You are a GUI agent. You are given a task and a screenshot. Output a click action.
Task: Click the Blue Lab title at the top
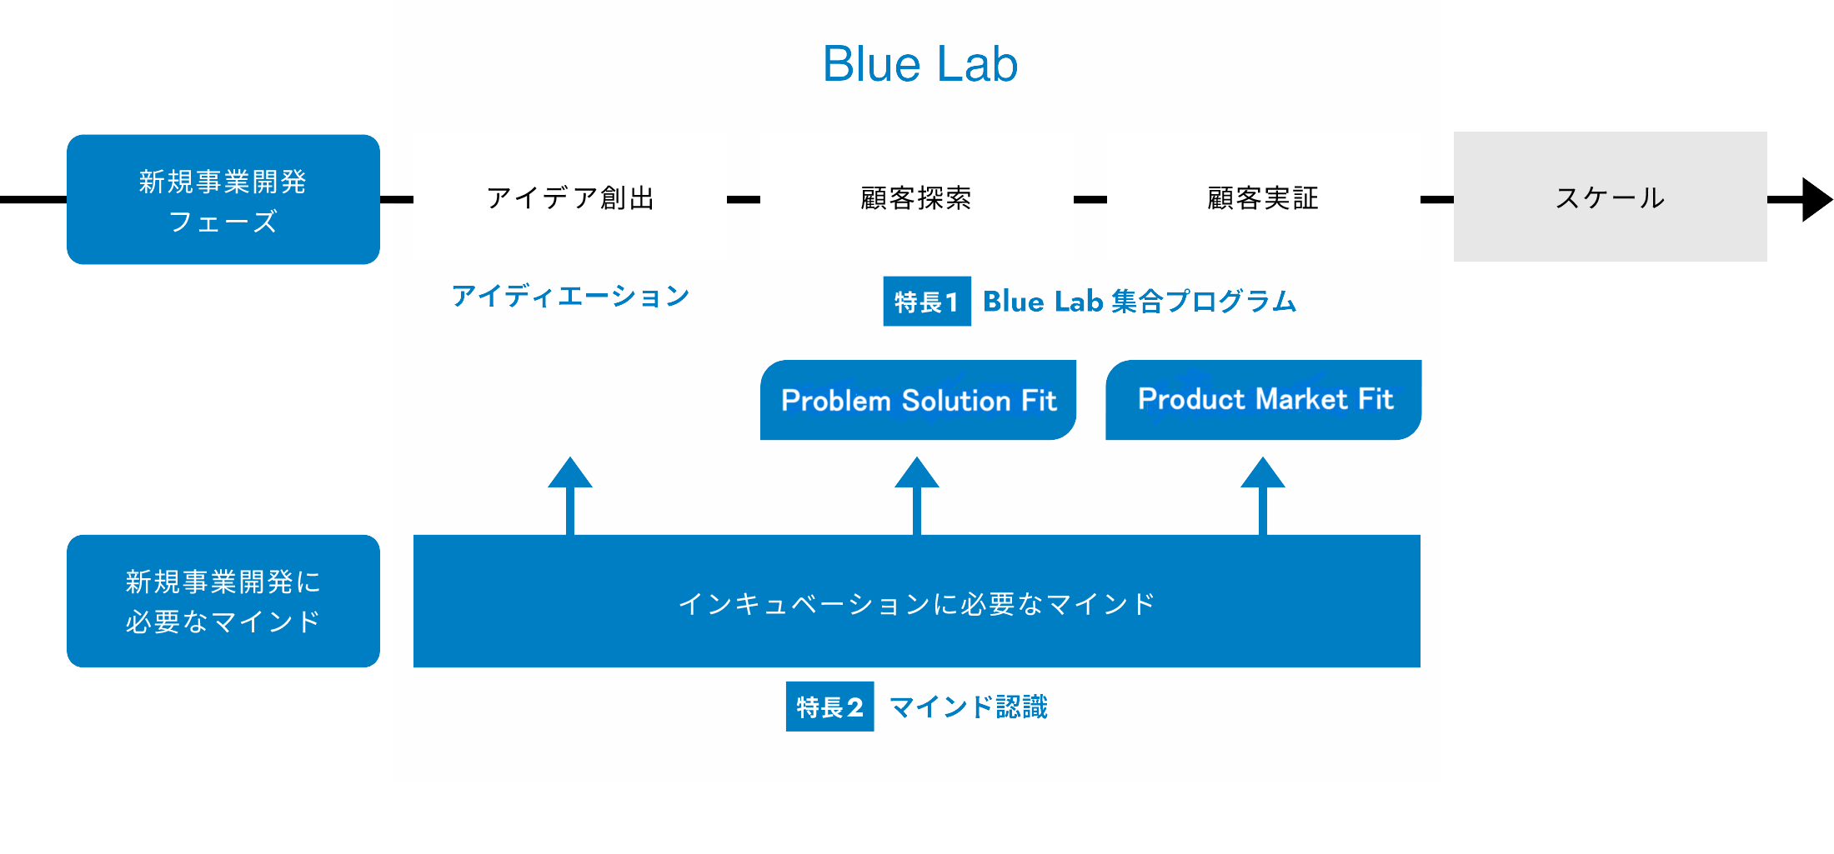[920, 63]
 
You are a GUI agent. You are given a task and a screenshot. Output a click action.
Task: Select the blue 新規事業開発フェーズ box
[223, 199]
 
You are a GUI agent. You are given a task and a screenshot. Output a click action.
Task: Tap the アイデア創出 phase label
[570, 198]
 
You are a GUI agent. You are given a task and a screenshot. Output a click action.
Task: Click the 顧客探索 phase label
[916, 198]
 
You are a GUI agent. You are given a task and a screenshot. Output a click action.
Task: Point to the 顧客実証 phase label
[1263, 198]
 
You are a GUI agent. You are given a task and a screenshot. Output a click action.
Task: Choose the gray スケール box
[1610, 197]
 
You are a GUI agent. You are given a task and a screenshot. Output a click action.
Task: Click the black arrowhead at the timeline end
[1817, 200]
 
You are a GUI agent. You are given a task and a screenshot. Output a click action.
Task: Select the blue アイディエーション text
[570, 296]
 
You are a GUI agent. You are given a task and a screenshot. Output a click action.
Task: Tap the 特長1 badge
[927, 301]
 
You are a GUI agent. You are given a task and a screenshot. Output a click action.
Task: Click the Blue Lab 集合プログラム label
[1140, 301]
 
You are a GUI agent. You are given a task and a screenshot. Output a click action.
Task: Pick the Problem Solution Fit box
[918, 400]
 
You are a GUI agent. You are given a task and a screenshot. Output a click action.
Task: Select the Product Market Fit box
[1264, 400]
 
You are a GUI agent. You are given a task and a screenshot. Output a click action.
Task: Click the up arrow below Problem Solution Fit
[917, 496]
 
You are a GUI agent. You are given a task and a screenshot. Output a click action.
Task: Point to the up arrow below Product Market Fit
[1263, 496]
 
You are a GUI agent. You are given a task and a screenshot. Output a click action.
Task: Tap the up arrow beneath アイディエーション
[570, 496]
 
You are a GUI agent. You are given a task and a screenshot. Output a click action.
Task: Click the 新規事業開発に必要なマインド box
[223, 601]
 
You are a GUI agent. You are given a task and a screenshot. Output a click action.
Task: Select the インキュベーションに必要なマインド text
[917, 603]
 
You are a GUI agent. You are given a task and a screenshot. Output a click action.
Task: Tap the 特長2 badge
[829, 707]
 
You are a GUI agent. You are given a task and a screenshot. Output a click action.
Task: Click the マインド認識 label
[969, 707]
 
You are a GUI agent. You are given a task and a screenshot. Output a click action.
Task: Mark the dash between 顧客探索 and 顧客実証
[1090, 200]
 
